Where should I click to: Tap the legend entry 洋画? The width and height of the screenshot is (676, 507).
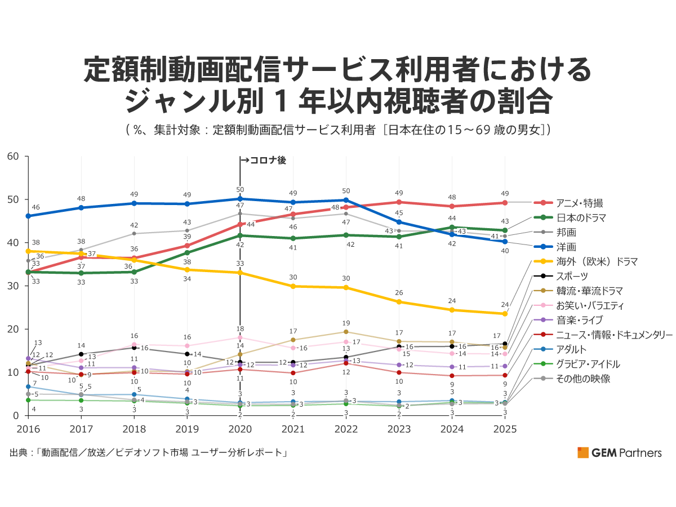coord(566,247)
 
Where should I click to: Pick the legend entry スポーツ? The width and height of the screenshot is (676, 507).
coord(572,276)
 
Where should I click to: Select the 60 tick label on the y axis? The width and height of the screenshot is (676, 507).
coord(14,156)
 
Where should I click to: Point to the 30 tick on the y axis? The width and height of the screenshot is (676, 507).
coord(14,286)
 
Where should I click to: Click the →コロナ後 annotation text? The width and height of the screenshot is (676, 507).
coord(264,161)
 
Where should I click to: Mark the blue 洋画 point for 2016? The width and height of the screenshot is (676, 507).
coord(28,216)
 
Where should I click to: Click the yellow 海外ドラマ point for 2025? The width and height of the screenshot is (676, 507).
coord(505,314)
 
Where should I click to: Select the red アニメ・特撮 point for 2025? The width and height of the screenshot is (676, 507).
coord(505,203)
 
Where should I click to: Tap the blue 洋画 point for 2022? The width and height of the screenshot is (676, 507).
coord(346,200)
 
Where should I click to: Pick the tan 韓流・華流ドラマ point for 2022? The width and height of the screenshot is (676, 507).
coord(346,332)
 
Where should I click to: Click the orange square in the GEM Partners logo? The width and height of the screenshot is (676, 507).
coord(582,452)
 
